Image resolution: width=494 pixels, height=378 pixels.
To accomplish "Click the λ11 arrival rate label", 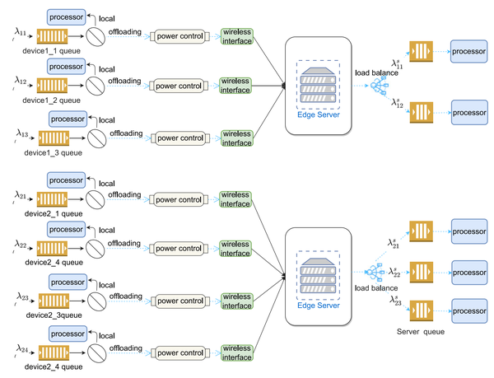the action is [20, 32].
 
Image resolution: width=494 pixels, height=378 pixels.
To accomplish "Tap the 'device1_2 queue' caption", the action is [51, 100].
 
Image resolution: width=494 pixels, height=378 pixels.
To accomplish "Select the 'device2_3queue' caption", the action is [54, 315].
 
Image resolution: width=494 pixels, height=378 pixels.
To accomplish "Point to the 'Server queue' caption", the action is [421, 332].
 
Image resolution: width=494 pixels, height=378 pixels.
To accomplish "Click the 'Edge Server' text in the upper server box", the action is [319, 114].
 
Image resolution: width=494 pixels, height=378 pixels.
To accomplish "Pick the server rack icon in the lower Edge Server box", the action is [318, 276].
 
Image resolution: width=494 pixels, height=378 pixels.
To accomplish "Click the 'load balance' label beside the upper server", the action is [376, 72].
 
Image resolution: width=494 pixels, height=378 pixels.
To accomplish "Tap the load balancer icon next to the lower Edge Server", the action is [375, 272].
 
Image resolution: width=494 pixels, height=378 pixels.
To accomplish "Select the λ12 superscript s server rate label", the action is [398, 103].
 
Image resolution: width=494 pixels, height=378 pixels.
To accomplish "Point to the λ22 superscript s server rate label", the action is [394, 272].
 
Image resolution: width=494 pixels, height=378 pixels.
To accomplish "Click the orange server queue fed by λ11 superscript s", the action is [421, 51].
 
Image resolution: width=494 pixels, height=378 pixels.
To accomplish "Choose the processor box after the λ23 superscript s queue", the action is [469, 311].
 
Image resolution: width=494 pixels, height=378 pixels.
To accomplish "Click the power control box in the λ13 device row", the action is [180, 138].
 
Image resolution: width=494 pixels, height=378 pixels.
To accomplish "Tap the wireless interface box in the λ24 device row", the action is [237, 352].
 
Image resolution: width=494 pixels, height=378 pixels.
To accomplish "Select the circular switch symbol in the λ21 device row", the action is [96, 199].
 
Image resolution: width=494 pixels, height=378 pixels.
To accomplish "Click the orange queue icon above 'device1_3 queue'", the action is [54, 138].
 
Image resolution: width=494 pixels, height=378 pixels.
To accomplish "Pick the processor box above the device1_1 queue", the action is [66, 17].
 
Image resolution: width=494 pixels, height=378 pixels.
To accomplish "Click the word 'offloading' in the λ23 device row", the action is [126, 296].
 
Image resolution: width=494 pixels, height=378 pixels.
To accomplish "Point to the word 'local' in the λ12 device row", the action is [107, 69].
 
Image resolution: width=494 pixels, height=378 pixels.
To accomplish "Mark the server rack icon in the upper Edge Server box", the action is [318, 85].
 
